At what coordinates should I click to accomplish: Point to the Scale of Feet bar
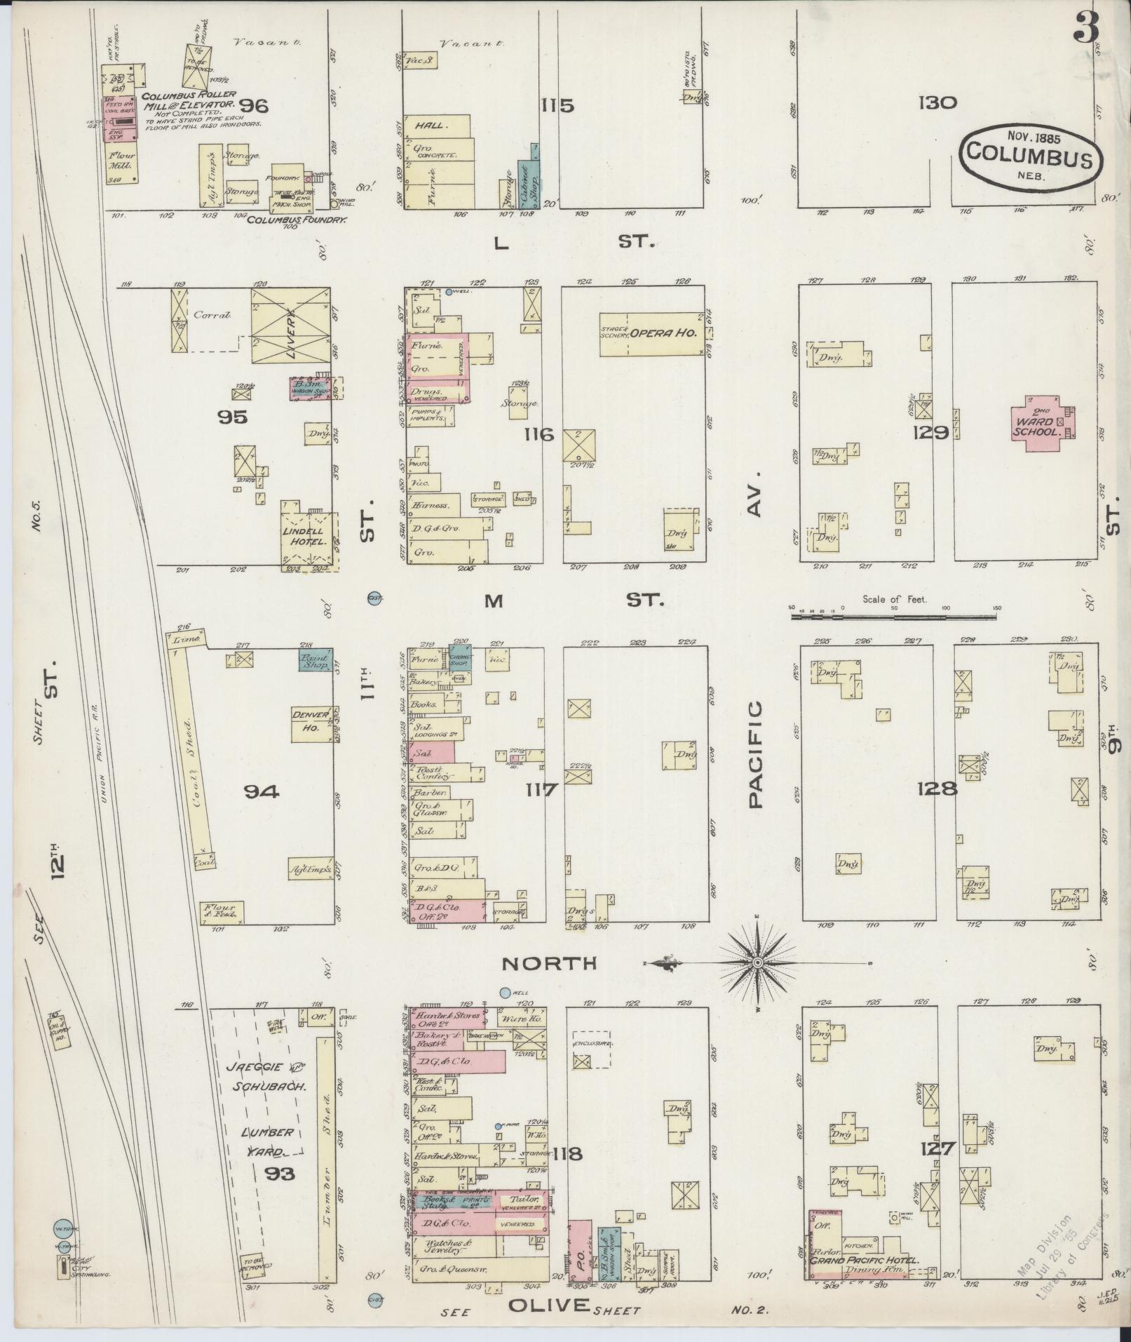(893, 617)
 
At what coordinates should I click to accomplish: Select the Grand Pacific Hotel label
(865, 1259)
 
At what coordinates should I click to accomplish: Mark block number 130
(938, 103)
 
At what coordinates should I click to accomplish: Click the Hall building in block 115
(435, 126)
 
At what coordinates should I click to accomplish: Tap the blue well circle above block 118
(505, 993)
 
